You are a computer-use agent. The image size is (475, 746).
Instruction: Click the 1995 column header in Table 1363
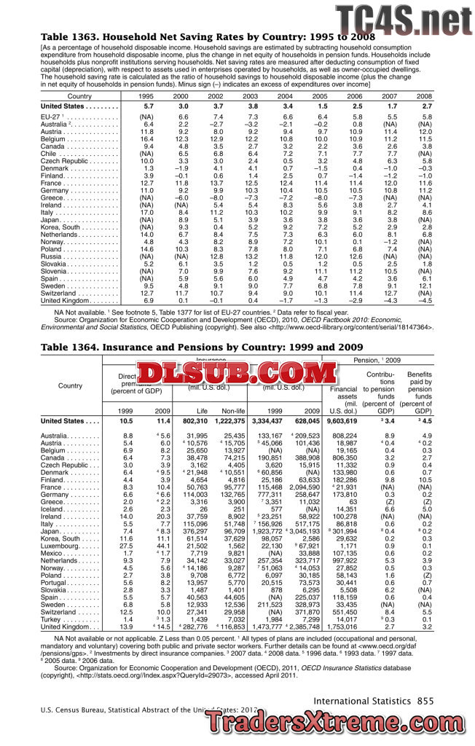point(146,96)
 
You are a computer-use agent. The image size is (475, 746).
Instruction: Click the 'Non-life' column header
point(233,411)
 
